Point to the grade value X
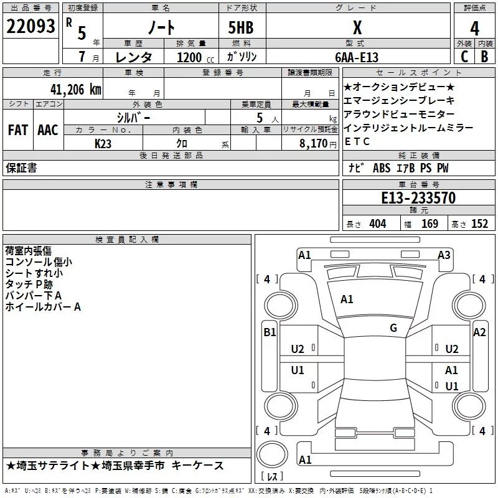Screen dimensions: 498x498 point(357,27)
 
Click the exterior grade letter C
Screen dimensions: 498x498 point(464,56)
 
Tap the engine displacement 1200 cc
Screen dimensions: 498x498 point(192,57)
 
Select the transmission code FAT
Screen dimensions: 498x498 point(17,130)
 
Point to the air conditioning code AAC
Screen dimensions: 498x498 point(47,130)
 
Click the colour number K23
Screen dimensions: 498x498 point(103,143)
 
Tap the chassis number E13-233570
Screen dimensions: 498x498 point(418,198)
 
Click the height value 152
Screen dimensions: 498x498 point(479,224)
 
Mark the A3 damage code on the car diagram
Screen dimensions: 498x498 point(444,255)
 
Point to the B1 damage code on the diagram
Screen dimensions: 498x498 point(270,332)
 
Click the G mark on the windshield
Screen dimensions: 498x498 point(393,328)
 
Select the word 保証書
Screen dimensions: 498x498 point(21,168)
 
